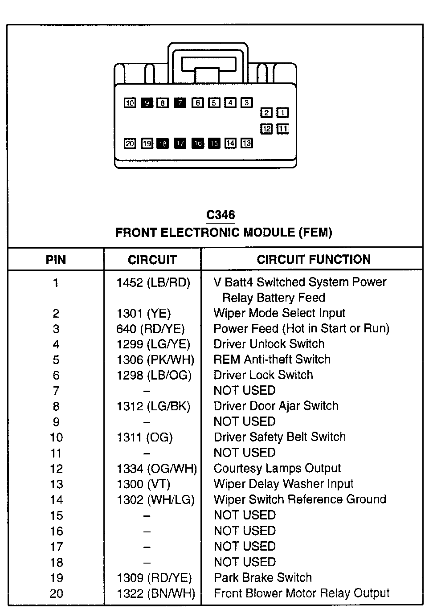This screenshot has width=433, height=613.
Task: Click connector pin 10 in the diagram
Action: (x=130, y=103)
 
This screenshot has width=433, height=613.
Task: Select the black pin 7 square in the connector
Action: (x=180, y=103)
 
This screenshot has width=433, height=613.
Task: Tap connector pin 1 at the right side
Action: (x=283, y=113)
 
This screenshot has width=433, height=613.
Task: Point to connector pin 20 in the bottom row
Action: (x=130, y=143)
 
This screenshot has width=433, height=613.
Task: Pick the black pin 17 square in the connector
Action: (x=180, y=143)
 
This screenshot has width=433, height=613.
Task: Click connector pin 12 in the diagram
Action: (x=266, y=129)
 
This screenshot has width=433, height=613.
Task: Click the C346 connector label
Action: (x=221, y=215)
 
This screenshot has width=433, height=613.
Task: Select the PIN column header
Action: (x=56, y=260)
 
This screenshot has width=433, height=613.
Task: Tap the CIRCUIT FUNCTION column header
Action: (x=314, y=259)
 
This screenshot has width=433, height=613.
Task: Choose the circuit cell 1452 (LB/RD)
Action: (x=153, y=282)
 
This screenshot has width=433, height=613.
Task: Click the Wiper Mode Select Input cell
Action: (x=279, y=313)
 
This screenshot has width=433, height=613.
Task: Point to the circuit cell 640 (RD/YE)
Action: (x=150, y=329)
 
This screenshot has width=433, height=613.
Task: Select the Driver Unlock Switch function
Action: (x=269, y=344)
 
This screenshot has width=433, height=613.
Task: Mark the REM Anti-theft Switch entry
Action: (x=272, y=360)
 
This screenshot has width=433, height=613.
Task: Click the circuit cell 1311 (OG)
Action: (x=144, y=437)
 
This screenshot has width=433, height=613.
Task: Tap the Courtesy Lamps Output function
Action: (x=277, y=468)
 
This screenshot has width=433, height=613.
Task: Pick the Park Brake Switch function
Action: (x=263, y=577)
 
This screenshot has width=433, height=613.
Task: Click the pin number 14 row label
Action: (x=56, y=500)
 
